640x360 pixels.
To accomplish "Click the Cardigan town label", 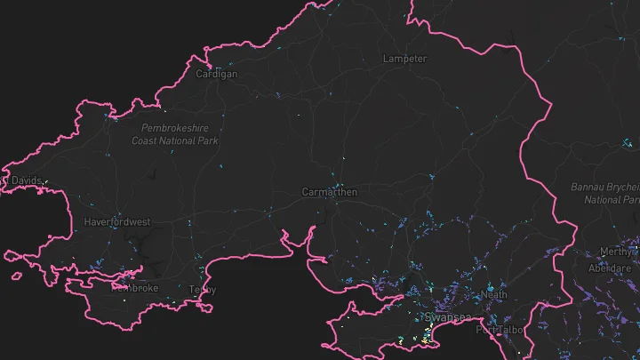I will [x=217, y=75].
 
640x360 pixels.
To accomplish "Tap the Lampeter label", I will [x=404, y=59].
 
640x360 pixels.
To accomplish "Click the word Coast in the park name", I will [x=147, y=140].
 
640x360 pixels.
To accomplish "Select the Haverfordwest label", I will [x=117, y=221].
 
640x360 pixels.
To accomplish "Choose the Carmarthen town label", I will [x=329, y=192].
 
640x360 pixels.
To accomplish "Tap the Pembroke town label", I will [x=134, y=288].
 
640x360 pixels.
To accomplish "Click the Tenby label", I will [x=203, y=290].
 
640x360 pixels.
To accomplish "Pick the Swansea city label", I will [x=442, y=317].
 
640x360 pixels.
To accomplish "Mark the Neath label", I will [x=494, y=294].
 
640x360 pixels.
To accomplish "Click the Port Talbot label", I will [x=500, y=331].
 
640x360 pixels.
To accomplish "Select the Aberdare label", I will [x=610, y=268].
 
